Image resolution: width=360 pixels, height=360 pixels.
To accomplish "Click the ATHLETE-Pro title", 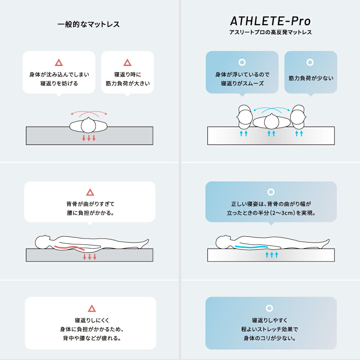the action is click(270, 21).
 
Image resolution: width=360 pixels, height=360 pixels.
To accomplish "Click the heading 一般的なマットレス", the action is click(88, 24).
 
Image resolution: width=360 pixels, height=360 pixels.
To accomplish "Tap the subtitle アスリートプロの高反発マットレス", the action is click(270, 32).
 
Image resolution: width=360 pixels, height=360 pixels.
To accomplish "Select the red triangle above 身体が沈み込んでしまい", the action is click(59, 63).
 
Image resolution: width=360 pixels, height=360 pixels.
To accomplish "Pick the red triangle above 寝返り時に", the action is click(127, 63).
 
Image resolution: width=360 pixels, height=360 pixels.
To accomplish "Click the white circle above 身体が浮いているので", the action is click(242, 62).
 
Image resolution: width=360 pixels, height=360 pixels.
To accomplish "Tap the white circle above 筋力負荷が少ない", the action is click(310, 62).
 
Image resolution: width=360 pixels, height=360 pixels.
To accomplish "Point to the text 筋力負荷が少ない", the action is click(311, 78).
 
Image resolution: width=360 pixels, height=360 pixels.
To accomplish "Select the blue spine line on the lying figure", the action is click(251, 247).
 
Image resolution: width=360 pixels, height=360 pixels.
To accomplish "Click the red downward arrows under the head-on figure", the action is click(89, 138).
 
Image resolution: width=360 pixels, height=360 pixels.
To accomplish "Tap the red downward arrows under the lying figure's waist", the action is click(90, 256).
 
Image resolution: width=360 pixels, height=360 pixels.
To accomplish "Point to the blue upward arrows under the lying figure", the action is click(271, 254).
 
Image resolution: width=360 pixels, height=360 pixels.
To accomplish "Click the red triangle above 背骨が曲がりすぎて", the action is click(90, 192).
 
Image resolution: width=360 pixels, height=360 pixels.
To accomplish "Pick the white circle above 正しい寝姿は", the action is click(271, 192).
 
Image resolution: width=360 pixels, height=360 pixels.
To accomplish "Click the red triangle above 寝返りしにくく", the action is click(91, 308).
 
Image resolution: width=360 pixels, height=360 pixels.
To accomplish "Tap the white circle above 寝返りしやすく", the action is click(269, 308).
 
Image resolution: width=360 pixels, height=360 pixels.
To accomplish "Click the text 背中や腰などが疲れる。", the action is click(92, 338).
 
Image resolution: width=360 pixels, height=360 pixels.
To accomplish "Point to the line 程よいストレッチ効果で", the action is click(270, 329).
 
